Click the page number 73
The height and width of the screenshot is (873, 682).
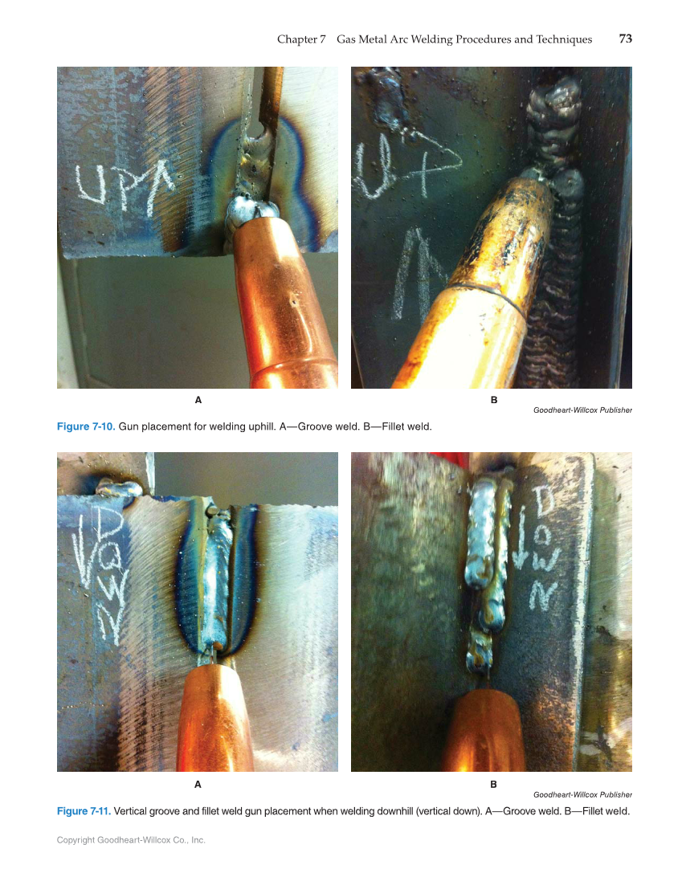click(x=625, y=39)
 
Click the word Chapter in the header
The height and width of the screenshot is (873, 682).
click(x=296, y=39)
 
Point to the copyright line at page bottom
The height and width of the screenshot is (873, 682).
click(x=131, y=840)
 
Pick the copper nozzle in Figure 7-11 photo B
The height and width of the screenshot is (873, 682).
click(x=489, y=731)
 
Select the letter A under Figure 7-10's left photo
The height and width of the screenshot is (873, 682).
click(x=198, y=399)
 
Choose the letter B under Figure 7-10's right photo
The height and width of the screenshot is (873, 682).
click(x=493, y=399)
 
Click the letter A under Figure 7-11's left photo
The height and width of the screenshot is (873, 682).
click(x=198, y=783)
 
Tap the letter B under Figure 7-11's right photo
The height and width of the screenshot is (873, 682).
click(x=493, y=783)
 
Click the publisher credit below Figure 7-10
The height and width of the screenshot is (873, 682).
click(x=582, y=410)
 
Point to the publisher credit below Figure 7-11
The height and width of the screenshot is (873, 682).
click(x=582, y=795)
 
